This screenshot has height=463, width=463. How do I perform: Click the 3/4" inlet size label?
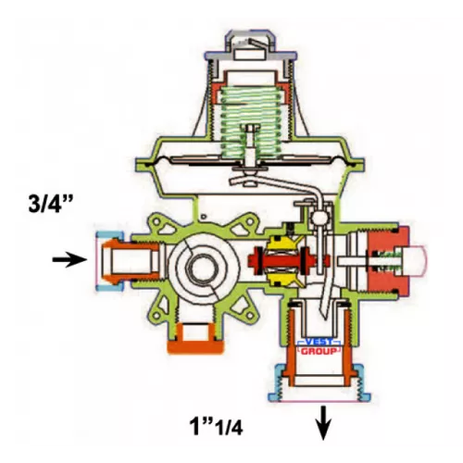pos(50,203)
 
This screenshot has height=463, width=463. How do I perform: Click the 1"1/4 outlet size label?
pos(216,426)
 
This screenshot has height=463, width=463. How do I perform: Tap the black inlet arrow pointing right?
pos(69,259)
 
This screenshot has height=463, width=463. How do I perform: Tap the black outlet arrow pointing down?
pos(323,423)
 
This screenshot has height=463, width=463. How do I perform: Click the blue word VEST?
pos(319,342)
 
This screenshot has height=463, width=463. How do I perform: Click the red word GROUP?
pos(319,351)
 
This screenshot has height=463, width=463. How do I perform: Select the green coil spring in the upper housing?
pos(250,122)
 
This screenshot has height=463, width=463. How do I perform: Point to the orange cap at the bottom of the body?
pos(195,346)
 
